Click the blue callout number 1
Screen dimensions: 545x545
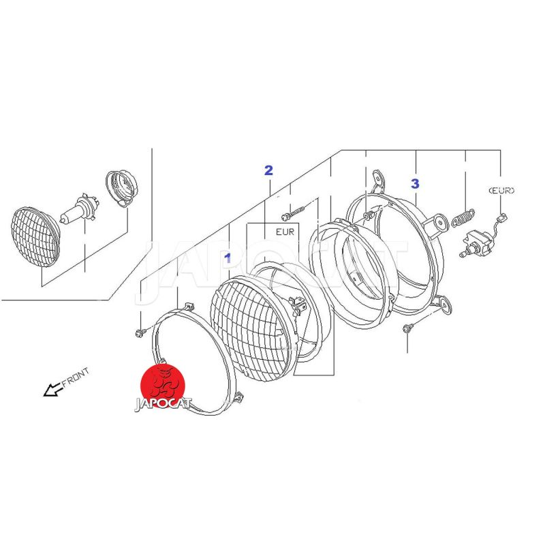coord(228,258)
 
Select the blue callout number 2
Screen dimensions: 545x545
coord(268,170)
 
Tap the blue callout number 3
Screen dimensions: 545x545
coord(415,183)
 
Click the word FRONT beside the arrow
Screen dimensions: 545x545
coord(76,377)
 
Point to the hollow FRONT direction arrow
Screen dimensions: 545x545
coord(53,390)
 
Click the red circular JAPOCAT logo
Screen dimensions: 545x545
coord(163,386)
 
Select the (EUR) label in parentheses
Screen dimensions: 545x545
coord(501,190)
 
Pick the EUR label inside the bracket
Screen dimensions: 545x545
coord(285,232)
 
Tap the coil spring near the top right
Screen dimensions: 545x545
coord(463,217)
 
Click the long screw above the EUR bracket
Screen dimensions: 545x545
coord(293,213)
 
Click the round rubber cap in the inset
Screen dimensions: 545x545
coord(121,188)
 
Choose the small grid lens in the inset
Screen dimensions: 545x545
coord(35,236)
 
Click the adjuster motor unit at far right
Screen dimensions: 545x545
coord(474,243)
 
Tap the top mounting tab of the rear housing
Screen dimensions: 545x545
coord(378,179)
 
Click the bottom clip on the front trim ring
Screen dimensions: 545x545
coord(239,397)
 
